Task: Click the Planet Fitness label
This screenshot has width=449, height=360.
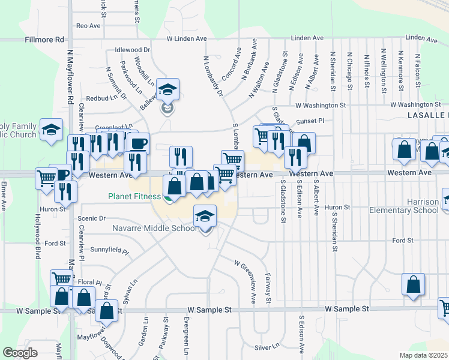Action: point(134,196)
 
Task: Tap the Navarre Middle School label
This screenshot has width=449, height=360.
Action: point(155,228)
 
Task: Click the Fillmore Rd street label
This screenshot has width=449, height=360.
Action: point(44,40)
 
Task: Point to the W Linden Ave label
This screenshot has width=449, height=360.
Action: point(186,39)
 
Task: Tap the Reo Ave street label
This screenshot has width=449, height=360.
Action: point(88,26)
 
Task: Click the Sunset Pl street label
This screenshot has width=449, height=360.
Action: point(312,121)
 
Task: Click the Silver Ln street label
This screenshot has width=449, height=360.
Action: point(267,347)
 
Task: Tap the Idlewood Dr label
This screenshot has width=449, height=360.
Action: point(132,50)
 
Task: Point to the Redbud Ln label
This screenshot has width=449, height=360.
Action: point(100,98)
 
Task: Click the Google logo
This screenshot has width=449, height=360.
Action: point(20,352)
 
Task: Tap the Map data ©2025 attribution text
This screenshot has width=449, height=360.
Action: point(423,355)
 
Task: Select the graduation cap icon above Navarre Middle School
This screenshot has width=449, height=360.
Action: point(205,215)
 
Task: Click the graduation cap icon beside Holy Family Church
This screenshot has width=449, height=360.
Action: point(52,129)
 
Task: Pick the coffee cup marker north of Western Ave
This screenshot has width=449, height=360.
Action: point(138,143)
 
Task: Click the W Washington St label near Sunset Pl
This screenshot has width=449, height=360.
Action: point(321,105)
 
